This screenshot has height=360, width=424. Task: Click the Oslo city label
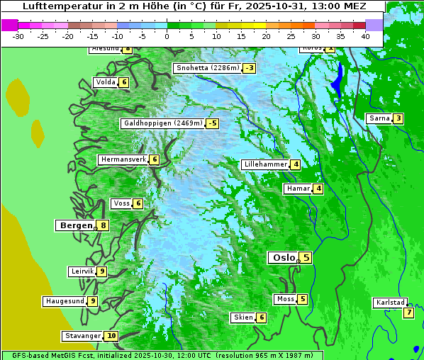(284, 258)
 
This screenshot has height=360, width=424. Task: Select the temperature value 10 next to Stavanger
(111, 336)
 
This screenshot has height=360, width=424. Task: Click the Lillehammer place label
(265, 164)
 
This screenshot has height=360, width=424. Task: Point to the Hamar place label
(297, 189)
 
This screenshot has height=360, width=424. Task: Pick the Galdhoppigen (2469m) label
(163, 123)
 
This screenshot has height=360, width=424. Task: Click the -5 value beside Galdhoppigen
(212, 123)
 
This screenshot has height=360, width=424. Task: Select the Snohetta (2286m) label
(207, 68)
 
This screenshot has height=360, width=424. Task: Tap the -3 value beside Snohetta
(249, 68)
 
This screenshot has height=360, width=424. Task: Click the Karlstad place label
(390, 303)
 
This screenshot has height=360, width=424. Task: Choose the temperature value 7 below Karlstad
(408, 313)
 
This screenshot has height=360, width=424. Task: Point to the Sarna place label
(379, 118)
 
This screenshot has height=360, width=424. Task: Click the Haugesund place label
(65, 301)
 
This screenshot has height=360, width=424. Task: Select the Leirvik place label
(82, 271)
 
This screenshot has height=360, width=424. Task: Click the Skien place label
(242, 317)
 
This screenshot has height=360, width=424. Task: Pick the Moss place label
(285, 299)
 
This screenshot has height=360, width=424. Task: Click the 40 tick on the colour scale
(365, 35)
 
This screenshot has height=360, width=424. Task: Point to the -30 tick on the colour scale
(18, 35)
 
